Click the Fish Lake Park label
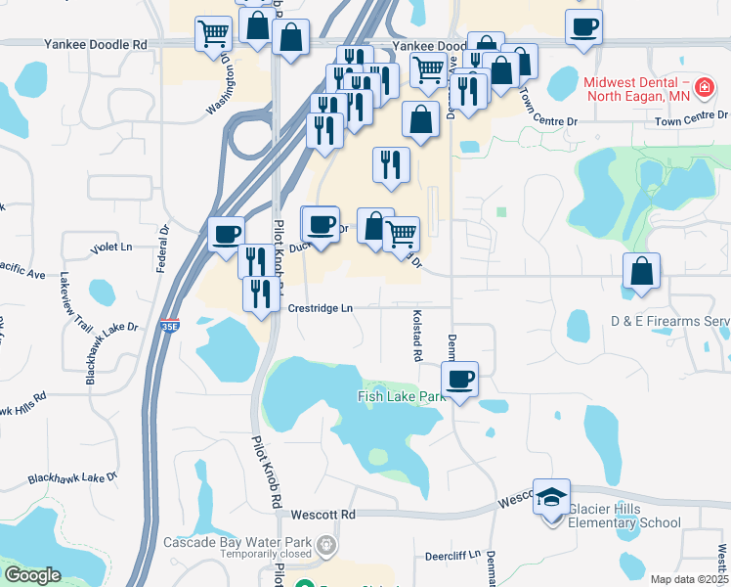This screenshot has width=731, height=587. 401,396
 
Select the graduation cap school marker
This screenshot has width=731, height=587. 551,497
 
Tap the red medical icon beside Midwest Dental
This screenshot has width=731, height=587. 702,91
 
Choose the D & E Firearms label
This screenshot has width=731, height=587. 670,321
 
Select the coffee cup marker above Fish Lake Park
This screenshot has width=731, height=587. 459,379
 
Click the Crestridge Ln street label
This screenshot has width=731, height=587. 321,308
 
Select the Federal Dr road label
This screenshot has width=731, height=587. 164,250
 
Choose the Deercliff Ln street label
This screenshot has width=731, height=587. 452,555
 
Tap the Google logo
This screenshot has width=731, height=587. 32,575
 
